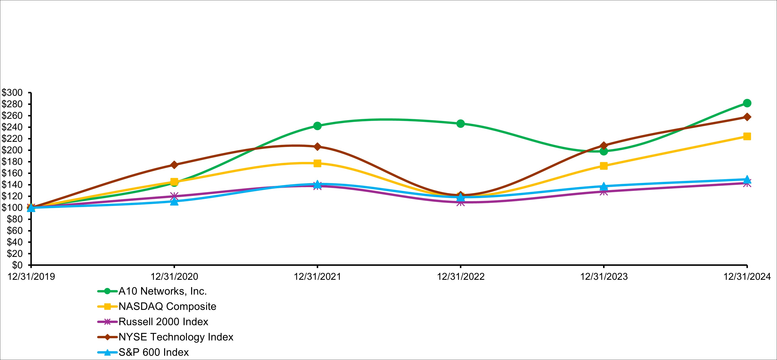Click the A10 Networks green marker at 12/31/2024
(x=747, y=103)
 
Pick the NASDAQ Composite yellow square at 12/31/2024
(x=747, y=136)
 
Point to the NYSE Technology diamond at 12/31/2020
(x=174, y=165)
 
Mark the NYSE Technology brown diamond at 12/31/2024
(x=747, y=117)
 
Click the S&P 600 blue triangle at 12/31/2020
(x=174, y=201)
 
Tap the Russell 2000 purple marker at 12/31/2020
(x=174, y=197)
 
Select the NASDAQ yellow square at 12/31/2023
(x=603, y=166)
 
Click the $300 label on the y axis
(x=12, y=93)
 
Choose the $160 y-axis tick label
(x=12, y=173)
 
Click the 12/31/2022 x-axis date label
(x=461, y=276)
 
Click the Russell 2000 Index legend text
(x=163, y=322)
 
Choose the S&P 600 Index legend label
(x=153, y=352)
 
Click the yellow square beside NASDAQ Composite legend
(x=107, y=306)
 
